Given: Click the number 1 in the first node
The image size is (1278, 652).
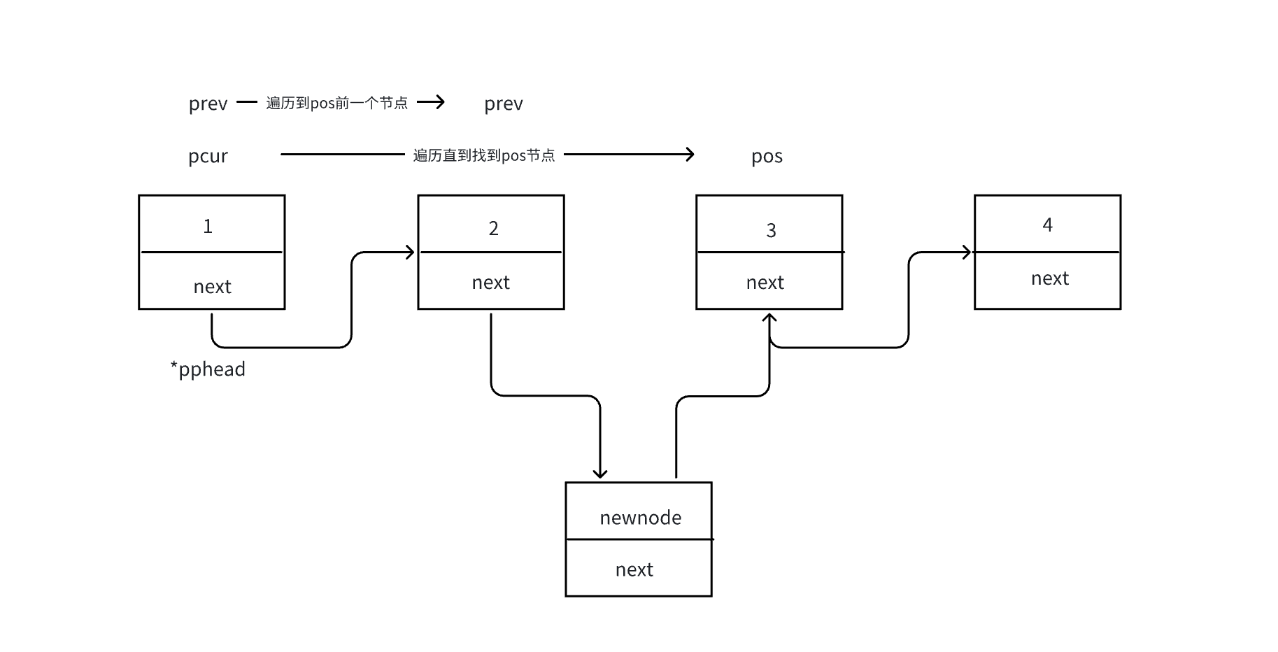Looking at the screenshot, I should (x=208, y=227).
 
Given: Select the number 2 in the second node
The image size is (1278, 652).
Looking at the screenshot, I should (x=493, y=229).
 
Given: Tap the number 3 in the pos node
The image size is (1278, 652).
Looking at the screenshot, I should (x=771, y=231).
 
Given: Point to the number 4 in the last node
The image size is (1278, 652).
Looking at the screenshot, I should (x=1047, y=225).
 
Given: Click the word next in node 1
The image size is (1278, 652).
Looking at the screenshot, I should (x=212, y=287).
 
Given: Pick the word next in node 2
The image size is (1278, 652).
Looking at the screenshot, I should (x=490, y=283).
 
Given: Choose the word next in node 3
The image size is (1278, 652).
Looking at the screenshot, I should (x=765, y=283).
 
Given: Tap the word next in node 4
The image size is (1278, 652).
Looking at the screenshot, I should (x=1049, y=278).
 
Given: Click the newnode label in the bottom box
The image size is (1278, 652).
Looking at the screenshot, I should (x=640, y=518).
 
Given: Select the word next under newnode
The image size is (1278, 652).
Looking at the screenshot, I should (x=634, y=570).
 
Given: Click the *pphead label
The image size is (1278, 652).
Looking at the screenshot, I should (x=208, y=369).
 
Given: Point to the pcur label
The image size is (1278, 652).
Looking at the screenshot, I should (x=208, y=156).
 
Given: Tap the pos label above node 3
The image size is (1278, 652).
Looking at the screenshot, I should (x=767, y=156).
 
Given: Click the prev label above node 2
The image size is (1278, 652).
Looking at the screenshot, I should (x=503, y=104).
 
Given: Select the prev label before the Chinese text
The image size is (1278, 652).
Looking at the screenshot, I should (x=208, y=104).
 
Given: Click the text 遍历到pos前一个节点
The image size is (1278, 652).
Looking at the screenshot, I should (x=336, y=104).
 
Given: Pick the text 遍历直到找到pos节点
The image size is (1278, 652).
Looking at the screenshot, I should (x=483, y=155).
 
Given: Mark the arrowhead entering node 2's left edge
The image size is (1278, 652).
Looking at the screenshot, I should (x=411, y=253).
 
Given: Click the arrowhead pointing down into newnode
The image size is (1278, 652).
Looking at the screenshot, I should (x=599, y=473).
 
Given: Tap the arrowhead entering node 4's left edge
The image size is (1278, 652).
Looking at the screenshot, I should (x=967, y=253).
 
